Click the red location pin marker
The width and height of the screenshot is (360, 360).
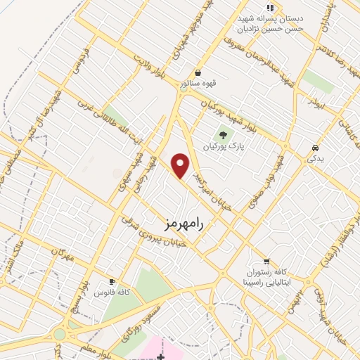[x=181, y=165]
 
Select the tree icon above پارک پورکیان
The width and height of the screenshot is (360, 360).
[x=223, y=135]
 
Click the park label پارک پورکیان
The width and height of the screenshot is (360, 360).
[x=223, y=147]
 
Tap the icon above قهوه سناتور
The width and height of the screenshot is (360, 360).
[x=198, y=73]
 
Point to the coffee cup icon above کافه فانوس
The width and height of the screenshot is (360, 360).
[x=110, y=281]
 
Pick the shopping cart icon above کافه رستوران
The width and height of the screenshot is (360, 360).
[x=266, y=261]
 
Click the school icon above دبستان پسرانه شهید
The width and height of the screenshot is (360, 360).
[x=270, y=7]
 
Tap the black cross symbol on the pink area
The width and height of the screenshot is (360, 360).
[x=161, y=357]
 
